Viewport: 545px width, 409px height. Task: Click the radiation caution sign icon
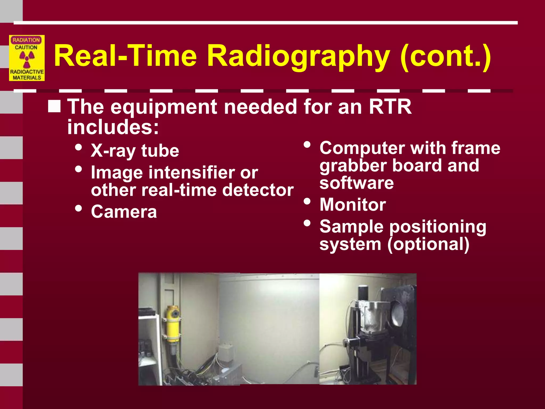(27, 58)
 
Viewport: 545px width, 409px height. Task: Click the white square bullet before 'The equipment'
(54, 106)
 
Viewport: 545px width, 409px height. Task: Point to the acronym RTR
(390, 107)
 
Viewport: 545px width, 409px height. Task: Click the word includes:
(113, 127)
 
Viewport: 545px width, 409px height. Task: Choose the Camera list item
(124, 212)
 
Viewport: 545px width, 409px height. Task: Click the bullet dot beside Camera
(79, 208)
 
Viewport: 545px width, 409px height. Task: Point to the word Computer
(362, 148)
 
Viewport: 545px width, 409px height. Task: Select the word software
(357, 183)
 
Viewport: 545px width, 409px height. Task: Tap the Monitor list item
(353, 204)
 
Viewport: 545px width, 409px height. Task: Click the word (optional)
(428, 244)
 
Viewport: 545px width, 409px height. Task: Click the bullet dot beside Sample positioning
(307, 223)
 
